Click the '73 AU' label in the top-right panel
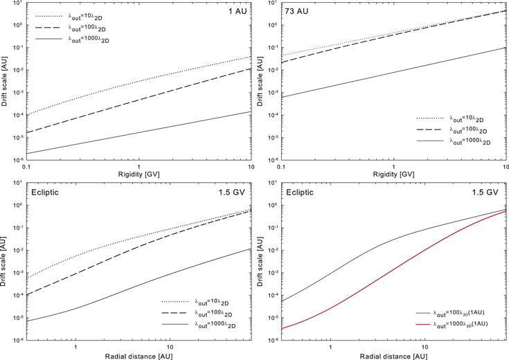(x=297, y=12)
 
